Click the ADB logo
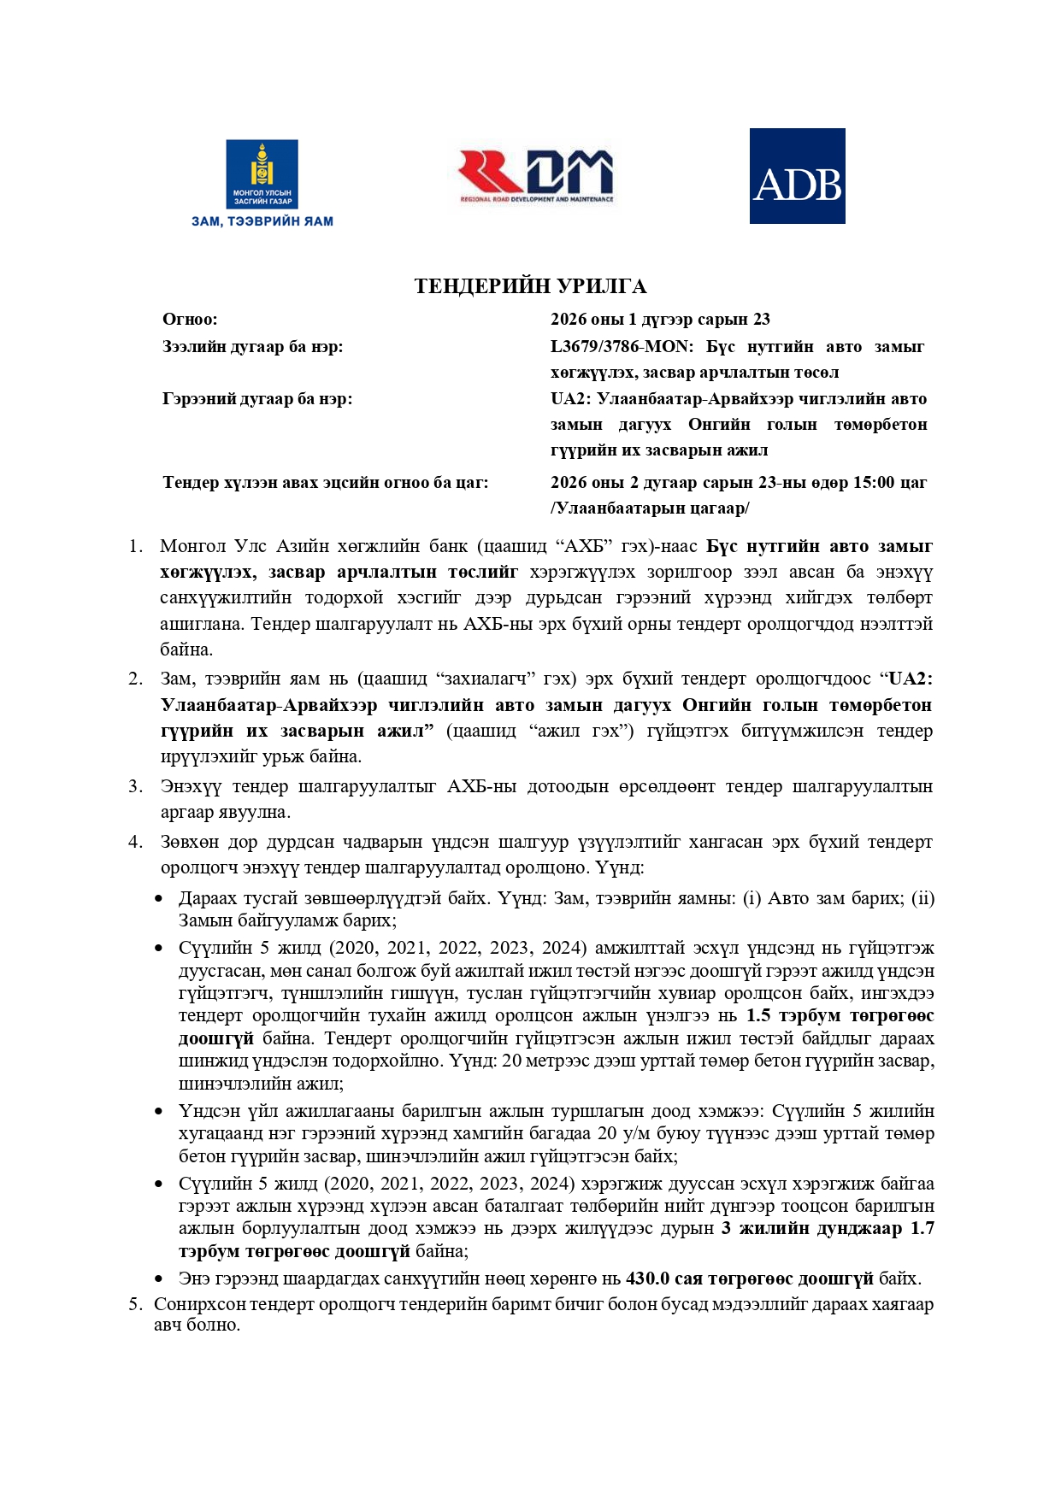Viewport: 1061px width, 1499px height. (797, 176)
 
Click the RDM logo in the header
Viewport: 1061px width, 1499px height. (536, 176)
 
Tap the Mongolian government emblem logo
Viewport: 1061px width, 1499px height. (262, 174)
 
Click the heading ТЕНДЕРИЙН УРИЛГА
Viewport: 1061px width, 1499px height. (530, 286)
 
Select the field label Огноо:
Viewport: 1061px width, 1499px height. (190, 320)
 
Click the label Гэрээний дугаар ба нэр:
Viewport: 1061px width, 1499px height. (257, 399)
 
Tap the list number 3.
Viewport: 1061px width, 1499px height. (135, 786)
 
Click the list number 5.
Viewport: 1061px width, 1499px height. (135, 1304)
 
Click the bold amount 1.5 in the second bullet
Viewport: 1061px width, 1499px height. (758, 1015)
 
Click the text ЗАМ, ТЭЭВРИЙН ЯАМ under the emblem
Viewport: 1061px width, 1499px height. (262, 221)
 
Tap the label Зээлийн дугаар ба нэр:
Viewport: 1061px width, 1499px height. (252, 347)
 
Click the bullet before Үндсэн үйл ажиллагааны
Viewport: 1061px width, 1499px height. (158, 1112)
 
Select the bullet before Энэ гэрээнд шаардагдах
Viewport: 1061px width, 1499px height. (158, 1279)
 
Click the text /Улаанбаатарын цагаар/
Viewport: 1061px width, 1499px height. (650, 508)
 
